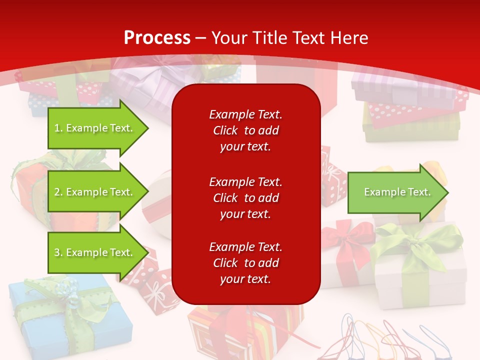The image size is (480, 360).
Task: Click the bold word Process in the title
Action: coord(157,38)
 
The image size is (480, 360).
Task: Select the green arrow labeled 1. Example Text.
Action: coord(95,128)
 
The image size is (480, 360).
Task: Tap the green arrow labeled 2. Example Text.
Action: coord(95,192)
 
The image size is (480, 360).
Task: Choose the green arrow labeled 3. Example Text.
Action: coord(95,252)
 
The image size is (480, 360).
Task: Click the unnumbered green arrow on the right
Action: coord(395,192)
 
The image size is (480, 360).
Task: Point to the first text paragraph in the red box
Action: coord(245,130)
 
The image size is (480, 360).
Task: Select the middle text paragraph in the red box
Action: coord(245,198)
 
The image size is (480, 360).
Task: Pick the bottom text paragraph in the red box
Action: coord(245,263)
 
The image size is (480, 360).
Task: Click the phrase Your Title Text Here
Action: coord(290,38)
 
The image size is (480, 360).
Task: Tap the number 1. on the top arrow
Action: coord(58,128)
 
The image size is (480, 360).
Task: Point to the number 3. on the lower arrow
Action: coord(58,252)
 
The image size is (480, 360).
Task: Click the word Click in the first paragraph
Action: coord(225,130)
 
